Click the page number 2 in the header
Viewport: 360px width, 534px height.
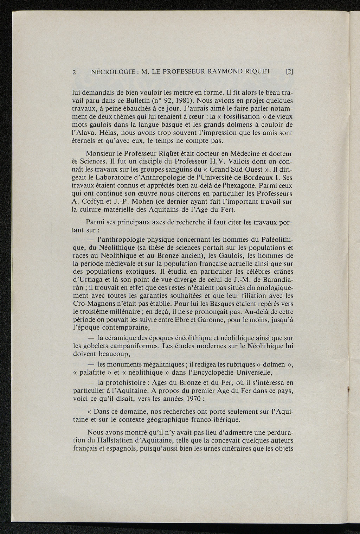click(74, 72)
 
